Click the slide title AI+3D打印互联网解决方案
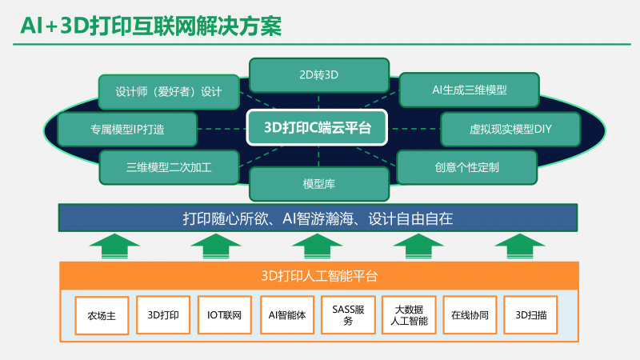coord(151,26)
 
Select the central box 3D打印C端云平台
coord(318,127)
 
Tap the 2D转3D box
coord(318,75)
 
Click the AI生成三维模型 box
coord(468,90)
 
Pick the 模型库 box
coord(318,184)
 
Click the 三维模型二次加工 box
coord(169,167)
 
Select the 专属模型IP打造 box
coord(127,128)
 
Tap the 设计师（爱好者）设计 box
coord(169,91)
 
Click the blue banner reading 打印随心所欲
coord(318,218)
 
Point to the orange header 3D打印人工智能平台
coord(319,275)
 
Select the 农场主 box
coord(102,315)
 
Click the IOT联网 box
coord(225,314)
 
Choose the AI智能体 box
coord(286,314)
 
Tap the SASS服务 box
coord(348,314)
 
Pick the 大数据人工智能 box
coord(409,314)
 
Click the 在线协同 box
coord(470,314)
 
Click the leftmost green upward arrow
coord(114,244)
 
